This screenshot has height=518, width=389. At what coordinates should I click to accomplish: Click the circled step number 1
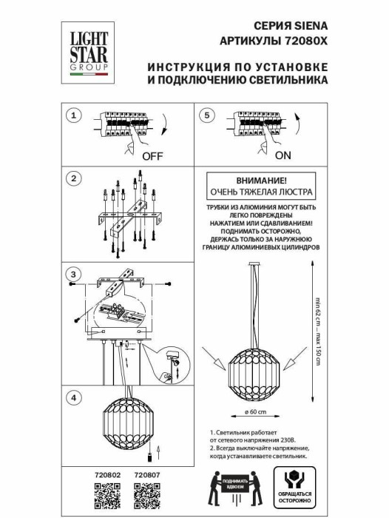[72, 116]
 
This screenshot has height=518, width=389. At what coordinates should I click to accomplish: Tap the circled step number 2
[72, 179]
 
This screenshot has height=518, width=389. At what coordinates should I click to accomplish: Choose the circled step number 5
[208, 116]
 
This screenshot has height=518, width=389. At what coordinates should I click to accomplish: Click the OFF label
[152, 156]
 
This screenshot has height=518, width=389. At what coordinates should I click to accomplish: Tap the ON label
[283, 156]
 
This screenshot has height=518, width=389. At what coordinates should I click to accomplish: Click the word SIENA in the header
[309, 24]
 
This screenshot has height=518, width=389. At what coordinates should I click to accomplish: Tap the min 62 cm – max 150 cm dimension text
[317, 334]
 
